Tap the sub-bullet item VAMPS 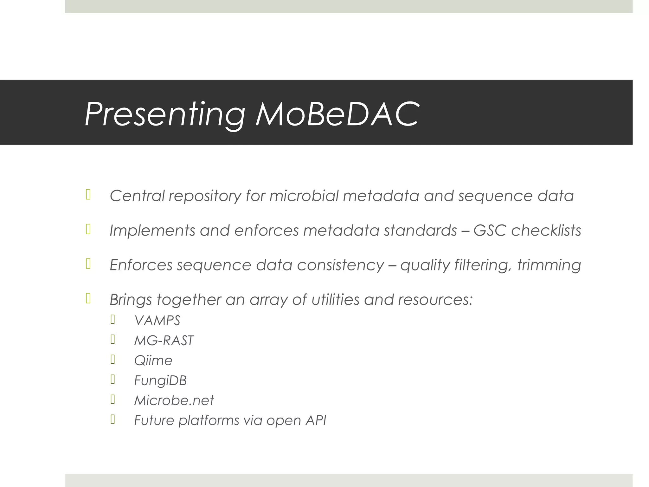coord(157,321)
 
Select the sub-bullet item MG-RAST coord(164,341)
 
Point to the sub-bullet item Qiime coord(153,360)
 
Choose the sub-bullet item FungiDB coord(160,380)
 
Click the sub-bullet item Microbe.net coord(174,400)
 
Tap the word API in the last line coord(316,420)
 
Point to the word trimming coord(549,265)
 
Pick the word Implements coord(152,231)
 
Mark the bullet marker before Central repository coord(88,195)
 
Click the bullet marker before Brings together coord(88,298)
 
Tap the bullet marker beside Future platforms coord(112,419)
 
